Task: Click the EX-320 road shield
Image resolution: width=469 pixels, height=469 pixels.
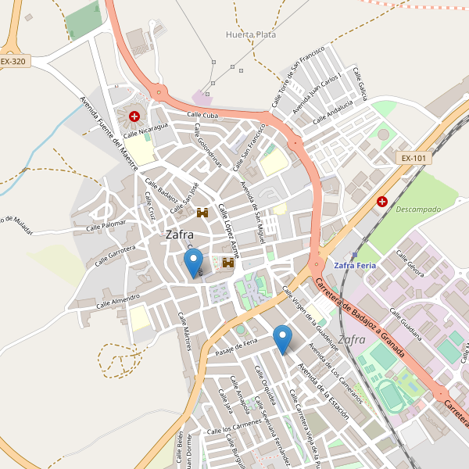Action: pos(14,61)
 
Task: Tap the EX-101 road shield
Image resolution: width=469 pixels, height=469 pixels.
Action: pos(414,158)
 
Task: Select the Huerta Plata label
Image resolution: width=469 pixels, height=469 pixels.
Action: pos(250,34)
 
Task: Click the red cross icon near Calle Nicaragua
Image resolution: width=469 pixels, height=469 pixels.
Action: pos(134,116)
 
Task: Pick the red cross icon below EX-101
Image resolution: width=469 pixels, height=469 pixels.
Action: pos(382,201)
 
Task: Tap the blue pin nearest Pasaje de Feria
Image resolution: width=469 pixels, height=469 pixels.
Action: pos(283,339)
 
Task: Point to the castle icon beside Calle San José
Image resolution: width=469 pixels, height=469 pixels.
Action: pos(202,213)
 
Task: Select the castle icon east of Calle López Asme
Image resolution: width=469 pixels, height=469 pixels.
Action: pos(229,263)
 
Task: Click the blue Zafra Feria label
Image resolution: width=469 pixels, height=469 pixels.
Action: pos(355,265)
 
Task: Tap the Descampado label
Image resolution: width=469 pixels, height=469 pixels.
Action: pos(418,209)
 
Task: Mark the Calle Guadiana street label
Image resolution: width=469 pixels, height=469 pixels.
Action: pos(406,322)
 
